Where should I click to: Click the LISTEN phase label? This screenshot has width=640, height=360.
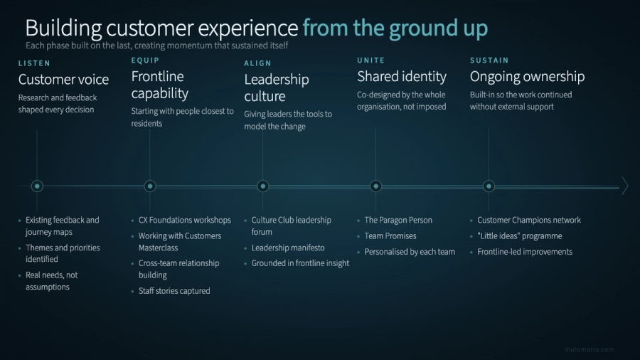click(34, 63)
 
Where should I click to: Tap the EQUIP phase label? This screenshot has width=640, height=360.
click(145, 60)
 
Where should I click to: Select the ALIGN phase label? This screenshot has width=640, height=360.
click(258, 63)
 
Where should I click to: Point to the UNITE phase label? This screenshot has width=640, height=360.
click(370, 60)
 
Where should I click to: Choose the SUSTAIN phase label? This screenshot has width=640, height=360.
click(489, 60)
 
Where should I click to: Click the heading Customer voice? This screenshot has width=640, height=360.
click(63, 80)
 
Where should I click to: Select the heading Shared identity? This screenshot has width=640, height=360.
click(402, 76)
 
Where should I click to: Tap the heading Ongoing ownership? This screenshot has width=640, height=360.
click(527, 76)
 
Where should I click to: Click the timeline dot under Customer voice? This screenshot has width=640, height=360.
click(37, 186)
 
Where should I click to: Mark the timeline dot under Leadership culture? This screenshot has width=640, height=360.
click(263, 186)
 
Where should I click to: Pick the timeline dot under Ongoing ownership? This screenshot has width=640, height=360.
click(489, 186)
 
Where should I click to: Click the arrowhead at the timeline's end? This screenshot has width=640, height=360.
click(625, 186)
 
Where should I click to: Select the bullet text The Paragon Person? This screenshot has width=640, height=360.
click(398, 221)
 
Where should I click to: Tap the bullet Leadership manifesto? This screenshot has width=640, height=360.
click(288, 248)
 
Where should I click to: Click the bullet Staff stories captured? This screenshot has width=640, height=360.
click(174, 291)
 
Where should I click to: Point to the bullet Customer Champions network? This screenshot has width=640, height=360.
click(529, 221)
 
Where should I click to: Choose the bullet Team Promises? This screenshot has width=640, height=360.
click(390, 236)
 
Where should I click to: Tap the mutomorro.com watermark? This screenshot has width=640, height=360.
click(589, 349)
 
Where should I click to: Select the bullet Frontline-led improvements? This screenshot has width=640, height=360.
click(525, 252)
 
